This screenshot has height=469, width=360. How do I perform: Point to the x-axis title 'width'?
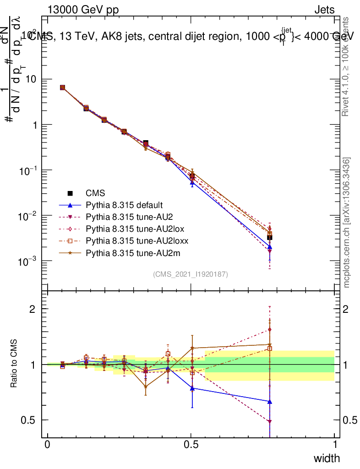(x=327, y=458)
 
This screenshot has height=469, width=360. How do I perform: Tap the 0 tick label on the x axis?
(x=48, y=445)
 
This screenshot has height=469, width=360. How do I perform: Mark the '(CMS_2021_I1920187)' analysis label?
(x=191, y=274)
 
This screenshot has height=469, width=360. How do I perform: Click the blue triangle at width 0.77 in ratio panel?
(x=270, y=401)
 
